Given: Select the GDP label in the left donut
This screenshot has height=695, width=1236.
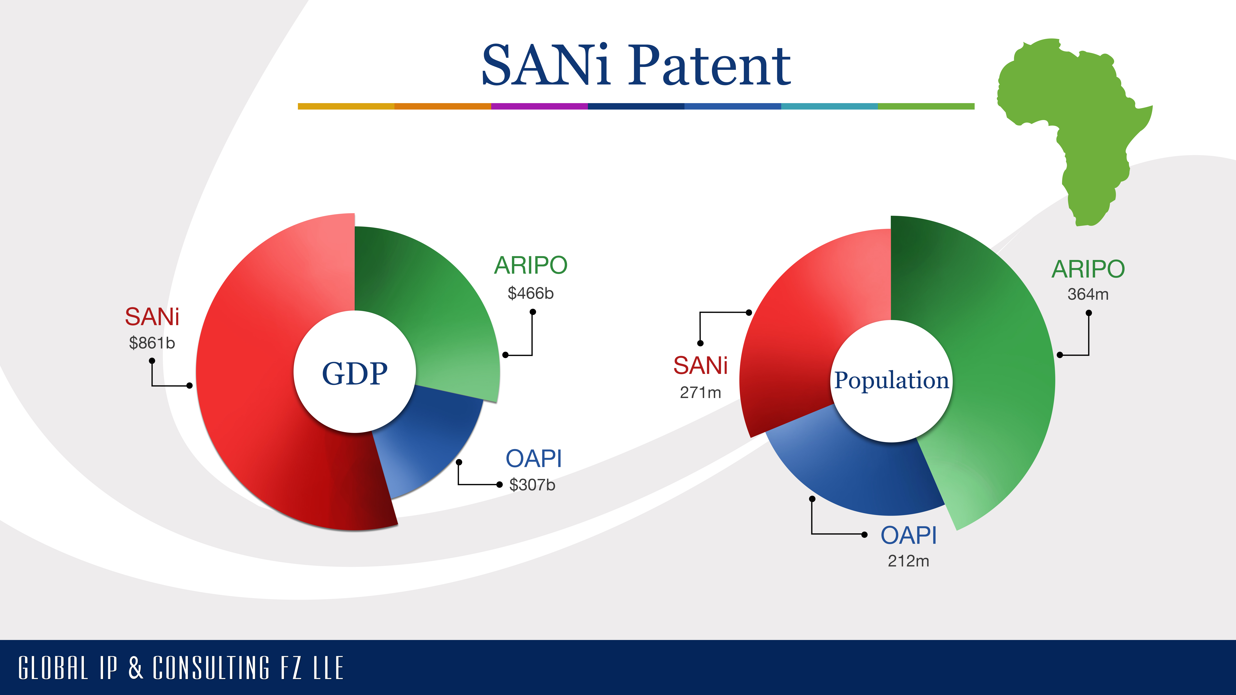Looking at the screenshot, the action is point(355,374).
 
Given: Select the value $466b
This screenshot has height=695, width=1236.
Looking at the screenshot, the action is point(531,293).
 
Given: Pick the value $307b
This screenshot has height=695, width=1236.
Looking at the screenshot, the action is point(532,485).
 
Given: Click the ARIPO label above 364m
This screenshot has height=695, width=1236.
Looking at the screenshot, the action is point(1088,269).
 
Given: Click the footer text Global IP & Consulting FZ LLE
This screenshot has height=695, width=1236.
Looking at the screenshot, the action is point(181,668).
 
